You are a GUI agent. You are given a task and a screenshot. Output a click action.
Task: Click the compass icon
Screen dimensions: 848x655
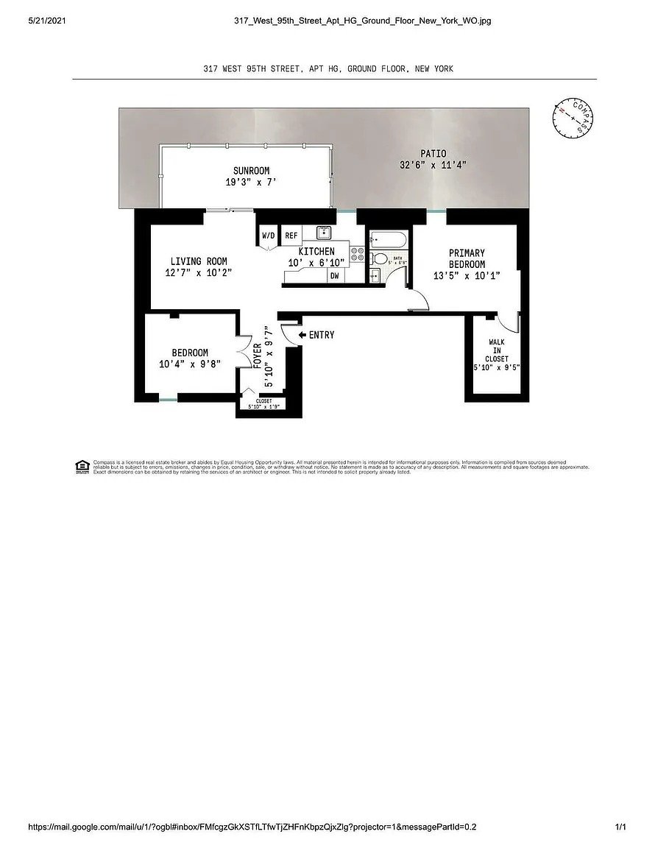[573, 118]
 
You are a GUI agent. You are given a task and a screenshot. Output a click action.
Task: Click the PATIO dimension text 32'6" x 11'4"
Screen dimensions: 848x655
[433, 165]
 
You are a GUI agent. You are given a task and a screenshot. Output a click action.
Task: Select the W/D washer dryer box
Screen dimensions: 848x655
[267, 236]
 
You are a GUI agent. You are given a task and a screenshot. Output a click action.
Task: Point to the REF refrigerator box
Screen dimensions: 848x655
[291, 236]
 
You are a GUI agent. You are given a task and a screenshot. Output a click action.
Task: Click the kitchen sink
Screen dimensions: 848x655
[325, 233]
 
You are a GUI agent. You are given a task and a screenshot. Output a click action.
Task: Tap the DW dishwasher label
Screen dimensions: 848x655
[334, 276]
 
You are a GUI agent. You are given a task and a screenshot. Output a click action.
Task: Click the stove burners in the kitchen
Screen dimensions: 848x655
[357, 255]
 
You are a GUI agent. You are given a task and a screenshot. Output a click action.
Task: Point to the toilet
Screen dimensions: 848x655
[380, 258]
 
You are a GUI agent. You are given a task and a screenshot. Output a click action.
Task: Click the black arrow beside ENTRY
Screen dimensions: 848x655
[302, 335]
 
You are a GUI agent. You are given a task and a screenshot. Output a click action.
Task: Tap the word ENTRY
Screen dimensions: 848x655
[322, 335]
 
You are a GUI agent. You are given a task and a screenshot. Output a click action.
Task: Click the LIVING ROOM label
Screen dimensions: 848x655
[199, 261]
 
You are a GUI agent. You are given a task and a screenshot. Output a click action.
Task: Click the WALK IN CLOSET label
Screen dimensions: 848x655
[497, 350]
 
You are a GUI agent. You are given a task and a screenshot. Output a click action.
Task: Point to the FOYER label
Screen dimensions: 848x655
[257, 356]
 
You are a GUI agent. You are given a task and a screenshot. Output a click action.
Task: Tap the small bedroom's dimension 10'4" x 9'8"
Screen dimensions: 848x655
[190, 364]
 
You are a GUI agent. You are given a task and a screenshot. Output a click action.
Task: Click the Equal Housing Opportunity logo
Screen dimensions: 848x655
[82, 466]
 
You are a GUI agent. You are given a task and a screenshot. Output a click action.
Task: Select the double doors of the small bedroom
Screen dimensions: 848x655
[243, 351]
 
